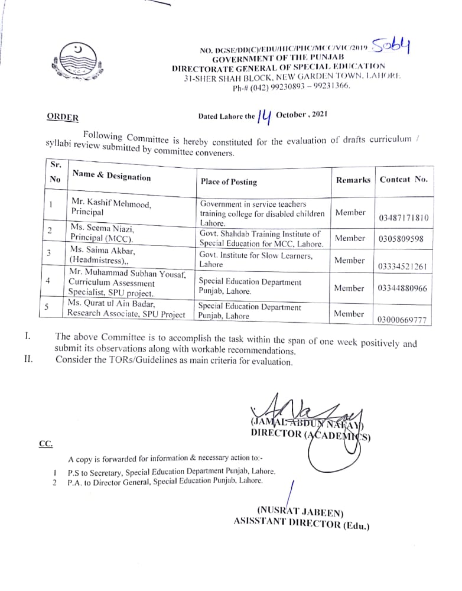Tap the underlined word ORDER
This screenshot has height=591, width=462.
point(63,117)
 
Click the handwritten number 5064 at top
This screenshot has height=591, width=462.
point(393,44)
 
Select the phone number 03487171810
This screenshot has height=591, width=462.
point(404,218)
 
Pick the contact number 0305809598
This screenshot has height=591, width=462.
point(401,239)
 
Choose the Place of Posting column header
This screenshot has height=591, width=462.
point(229,182)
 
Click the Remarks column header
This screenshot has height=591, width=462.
point(353,180)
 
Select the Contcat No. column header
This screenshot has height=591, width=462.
point(404,179)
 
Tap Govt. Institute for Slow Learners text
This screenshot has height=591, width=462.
point(256,255)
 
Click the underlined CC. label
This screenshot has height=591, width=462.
point(45,443)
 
